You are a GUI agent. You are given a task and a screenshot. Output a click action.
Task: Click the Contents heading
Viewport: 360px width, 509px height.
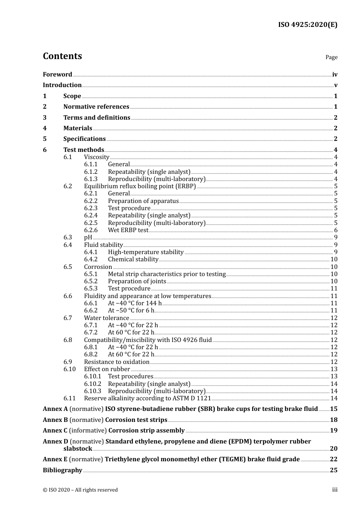point(62,56)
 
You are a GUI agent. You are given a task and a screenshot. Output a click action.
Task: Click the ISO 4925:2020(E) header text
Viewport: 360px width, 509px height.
point(308,25)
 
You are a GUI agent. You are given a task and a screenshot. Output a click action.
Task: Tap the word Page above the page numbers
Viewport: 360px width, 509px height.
point(331,57)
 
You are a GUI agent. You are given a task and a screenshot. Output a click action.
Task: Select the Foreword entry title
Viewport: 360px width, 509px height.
point(57,75)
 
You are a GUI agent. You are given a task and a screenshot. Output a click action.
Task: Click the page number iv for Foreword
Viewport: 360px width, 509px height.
point(335,75)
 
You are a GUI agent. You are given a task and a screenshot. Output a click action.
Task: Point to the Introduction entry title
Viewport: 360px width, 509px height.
point(62,85)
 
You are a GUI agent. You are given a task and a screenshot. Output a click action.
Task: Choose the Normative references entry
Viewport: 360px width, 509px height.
point(96,107)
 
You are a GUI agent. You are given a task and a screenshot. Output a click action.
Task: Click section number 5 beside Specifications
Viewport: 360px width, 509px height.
point(45,139)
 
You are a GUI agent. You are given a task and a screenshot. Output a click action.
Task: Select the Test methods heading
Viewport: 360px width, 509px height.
point(83,150)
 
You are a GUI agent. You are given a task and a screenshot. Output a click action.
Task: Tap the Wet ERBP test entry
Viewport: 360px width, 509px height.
point(128,230)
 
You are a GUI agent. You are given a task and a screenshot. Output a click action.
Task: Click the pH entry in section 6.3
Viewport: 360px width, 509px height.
point(88,237)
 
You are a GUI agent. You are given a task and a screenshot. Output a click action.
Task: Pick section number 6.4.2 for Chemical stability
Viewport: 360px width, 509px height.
point(91,259)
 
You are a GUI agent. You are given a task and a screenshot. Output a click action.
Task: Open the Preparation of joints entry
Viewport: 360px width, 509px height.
point(137,281)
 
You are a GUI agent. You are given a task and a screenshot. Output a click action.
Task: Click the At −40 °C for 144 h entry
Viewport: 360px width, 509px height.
point(135,303)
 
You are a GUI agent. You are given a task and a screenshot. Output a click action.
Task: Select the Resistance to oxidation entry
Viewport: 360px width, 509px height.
point(117,362)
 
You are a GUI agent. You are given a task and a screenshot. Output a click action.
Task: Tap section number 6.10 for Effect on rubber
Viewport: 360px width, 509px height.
point(69,369)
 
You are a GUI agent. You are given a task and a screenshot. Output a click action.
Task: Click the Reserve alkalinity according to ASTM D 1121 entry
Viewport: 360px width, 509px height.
point(147,398)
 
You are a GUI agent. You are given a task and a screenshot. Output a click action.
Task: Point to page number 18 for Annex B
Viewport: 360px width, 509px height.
point(333,420)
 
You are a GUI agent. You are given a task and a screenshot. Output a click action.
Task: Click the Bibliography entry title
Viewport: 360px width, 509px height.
point(63,470)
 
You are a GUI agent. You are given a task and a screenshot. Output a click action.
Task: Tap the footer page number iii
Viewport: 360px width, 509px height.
point(335,490)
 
